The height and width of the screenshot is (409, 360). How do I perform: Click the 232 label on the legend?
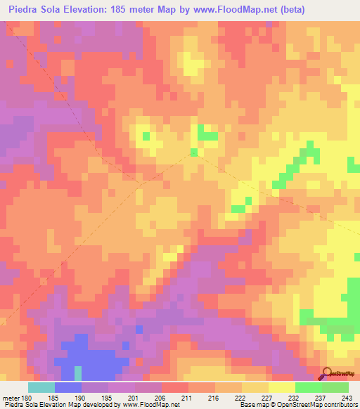coord(295,397)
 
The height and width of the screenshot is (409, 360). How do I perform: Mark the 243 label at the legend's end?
coord(347,397)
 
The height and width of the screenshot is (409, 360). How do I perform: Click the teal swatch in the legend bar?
coord(41,387)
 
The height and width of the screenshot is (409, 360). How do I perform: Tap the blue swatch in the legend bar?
coord(68,387)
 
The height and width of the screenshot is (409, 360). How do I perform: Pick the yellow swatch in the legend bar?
coord(281,387)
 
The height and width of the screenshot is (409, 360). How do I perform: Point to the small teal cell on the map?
coord(78,371)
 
